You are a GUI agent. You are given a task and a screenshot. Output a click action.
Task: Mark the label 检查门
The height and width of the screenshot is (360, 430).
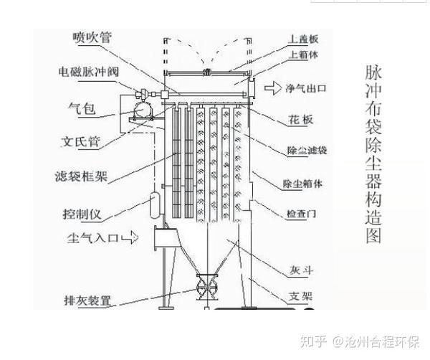[301, 214]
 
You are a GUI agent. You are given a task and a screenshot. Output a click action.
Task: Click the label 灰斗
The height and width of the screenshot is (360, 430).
[296, 270]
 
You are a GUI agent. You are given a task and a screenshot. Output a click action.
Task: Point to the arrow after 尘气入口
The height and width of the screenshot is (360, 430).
[128, 237]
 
